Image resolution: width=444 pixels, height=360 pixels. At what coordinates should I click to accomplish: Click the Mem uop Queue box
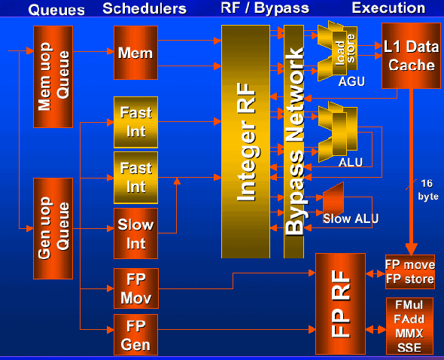[53, 77]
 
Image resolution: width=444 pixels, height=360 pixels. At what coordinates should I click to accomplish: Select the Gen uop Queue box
[53, 228]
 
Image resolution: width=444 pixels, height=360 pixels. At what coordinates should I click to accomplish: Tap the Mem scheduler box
[136, 53]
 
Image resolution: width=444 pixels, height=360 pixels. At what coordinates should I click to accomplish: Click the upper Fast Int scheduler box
[136, 122]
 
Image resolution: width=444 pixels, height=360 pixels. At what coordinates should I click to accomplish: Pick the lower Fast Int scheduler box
[136, 178]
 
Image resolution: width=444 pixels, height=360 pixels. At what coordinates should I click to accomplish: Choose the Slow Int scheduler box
[136, 233]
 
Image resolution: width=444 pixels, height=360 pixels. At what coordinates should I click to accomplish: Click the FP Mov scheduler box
[136, 288]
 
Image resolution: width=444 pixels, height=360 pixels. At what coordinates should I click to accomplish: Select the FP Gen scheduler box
[136, 335]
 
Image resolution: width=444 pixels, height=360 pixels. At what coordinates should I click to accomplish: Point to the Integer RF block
[246, 142]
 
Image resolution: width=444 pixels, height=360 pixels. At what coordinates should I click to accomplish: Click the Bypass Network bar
[294, 142]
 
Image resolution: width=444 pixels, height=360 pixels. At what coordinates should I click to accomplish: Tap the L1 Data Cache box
[411, 56]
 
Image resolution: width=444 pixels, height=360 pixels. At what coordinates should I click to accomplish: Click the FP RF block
[340, 304]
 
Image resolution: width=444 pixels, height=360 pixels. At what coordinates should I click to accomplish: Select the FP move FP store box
[410, 272]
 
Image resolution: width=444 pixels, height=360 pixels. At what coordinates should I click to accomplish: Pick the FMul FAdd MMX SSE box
[409, 326]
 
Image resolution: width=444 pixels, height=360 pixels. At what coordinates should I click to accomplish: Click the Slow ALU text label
[351, 218]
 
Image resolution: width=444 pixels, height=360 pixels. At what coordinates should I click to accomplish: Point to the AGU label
[351, 81]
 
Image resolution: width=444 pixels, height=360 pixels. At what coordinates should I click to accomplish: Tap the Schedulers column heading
[144, 8]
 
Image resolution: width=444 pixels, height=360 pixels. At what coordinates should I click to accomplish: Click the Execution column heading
[388, 8]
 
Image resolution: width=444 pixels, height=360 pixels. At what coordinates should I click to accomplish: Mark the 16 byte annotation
[428, 190]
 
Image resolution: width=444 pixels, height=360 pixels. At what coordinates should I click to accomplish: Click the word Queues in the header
[56, 10]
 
